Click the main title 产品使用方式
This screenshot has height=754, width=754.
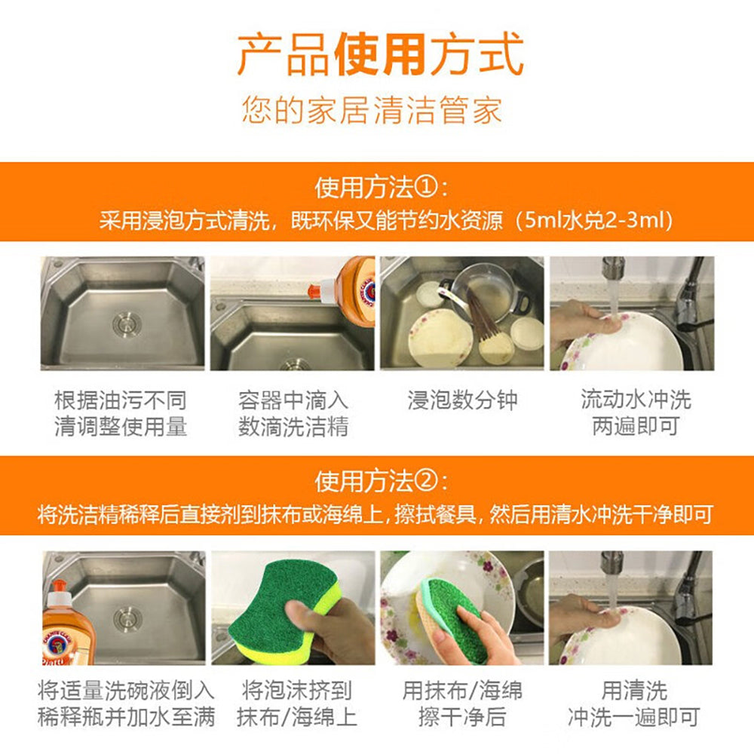pos(380,54)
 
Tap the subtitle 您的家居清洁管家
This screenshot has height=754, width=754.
pos(372,109)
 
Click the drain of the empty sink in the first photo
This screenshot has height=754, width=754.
pos(127,323)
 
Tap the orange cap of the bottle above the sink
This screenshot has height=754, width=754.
pos(314,290)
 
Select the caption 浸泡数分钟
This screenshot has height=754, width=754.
pos(462,400)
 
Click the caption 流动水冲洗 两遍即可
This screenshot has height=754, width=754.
pos(635,412)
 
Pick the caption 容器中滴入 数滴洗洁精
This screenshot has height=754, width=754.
pos(293,413)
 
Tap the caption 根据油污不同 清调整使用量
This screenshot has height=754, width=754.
pos(120,413)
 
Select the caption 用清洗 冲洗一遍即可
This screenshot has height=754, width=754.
pos(634,703)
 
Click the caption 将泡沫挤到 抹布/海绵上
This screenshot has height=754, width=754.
pos(296,703)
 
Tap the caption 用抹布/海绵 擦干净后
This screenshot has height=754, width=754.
pos(462,703)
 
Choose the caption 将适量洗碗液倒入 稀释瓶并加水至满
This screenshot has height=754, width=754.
pos(126,703)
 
